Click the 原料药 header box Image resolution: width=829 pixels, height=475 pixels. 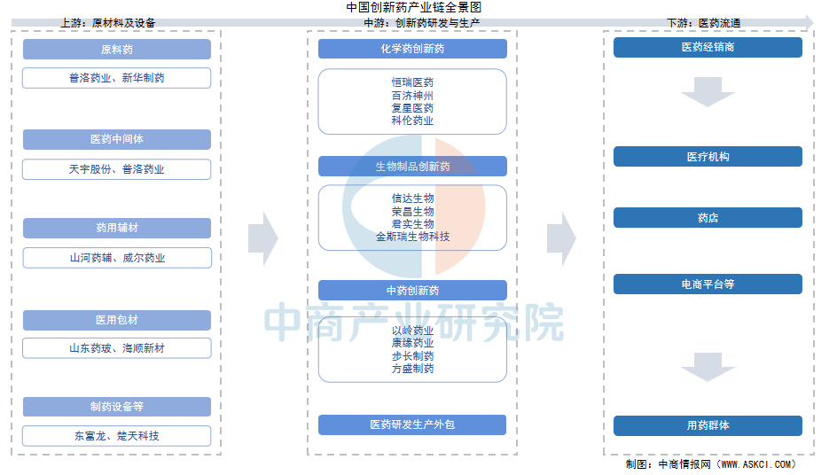(x=117, y=49)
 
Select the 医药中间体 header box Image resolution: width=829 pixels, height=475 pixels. (x=117, y=139)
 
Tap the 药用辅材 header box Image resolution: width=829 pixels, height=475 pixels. (x=117, y=228)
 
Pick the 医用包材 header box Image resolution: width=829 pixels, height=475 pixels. (x=117, y=320)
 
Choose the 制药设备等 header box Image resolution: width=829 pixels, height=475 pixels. (x=117, y=407)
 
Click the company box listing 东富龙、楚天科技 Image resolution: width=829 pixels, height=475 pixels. (x=116, y=436)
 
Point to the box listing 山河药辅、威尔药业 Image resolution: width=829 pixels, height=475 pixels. (x=117, y=258)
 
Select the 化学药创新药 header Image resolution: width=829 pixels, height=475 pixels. (x=412, y=49)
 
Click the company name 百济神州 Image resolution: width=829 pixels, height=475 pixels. (x=412, y=96)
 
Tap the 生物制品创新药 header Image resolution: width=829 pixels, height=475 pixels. (x=412, y=167)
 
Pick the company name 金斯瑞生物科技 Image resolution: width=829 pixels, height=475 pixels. (x=412, y=237)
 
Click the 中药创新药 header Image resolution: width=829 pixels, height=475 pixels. (x=412, y=290)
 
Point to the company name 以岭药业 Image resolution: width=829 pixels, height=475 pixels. (x=412, y=331)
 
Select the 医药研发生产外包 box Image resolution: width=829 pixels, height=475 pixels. (x=412, y=424)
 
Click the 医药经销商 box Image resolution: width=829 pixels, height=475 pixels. (x=708, y=48)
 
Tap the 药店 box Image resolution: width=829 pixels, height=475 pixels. (x=708, y=218)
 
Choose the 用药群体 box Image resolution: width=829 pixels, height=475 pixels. (x=708, y=426)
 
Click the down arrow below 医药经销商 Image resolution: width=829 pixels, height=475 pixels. (x=708, y=92)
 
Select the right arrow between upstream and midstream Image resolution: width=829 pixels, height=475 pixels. (x=263, y=238)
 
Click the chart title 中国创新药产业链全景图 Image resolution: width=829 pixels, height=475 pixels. (x=413, y=7)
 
